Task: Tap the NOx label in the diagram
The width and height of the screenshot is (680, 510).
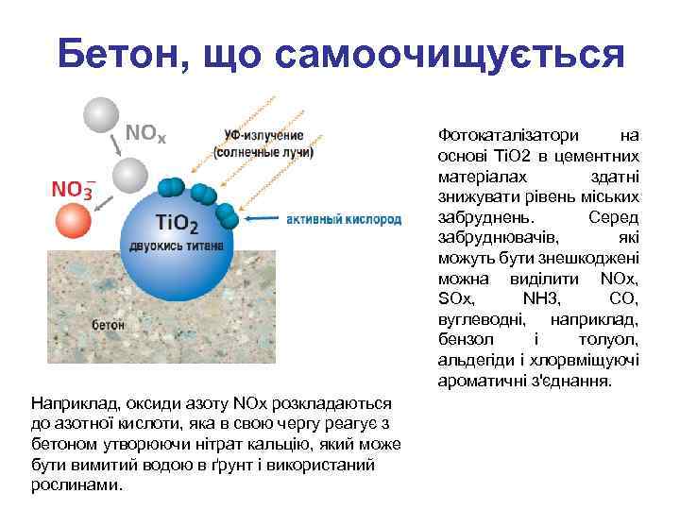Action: [x=146, y=135]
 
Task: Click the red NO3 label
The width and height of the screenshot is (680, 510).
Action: [x=73, y=189]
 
